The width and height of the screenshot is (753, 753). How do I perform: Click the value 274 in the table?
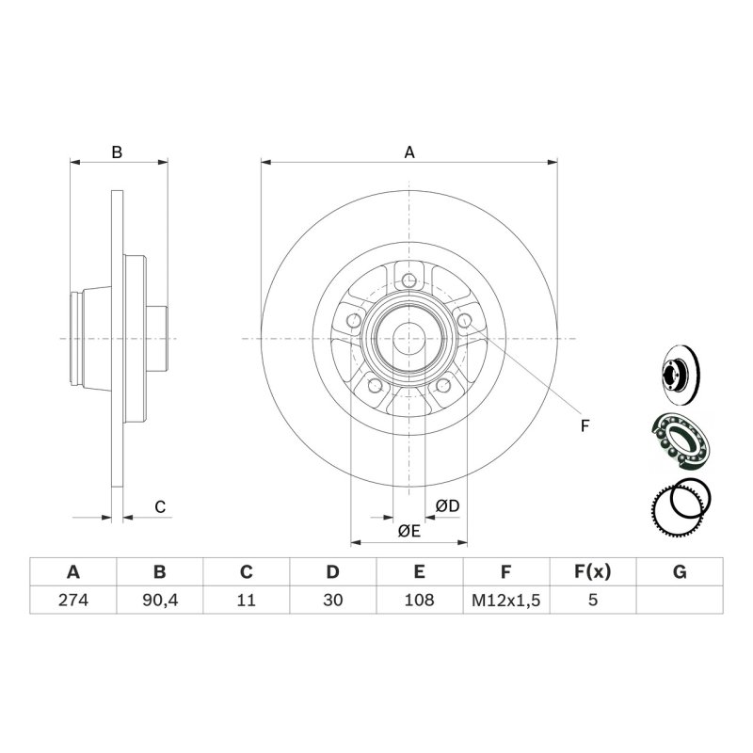(73, 600)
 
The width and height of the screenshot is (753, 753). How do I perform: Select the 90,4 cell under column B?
(160, 600)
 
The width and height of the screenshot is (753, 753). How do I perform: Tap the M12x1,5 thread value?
(506, 600)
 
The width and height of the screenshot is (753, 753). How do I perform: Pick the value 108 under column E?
(419, 600)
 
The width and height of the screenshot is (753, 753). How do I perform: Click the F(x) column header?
(593, 572)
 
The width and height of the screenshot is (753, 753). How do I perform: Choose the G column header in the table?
(680, 572)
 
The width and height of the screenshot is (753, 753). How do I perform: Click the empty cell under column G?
(680, 600)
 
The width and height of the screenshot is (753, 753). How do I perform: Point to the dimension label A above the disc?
(409, 152)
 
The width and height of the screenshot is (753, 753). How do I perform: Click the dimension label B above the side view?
(117, 152)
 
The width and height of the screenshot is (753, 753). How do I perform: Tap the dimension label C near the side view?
(160, 506)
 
